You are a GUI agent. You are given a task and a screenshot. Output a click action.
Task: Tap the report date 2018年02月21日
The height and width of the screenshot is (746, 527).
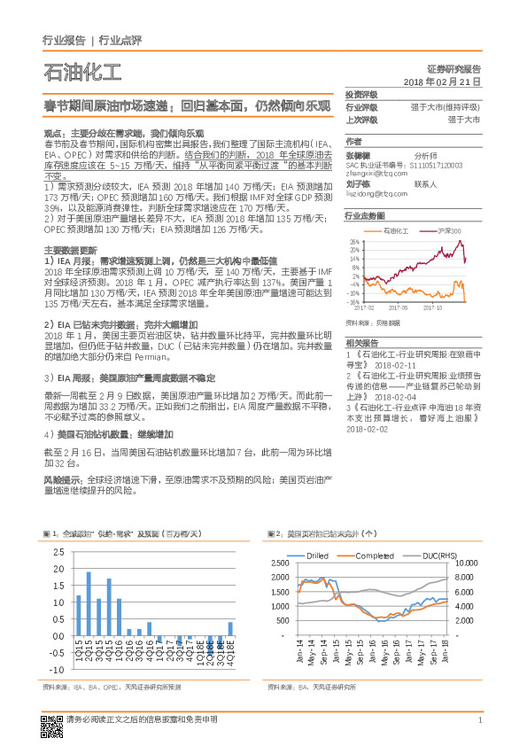[441, 81]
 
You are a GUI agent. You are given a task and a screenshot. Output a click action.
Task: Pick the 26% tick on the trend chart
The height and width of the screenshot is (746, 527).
[353, 241]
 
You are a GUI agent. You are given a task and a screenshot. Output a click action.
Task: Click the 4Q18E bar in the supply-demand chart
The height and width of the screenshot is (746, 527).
[230, 629]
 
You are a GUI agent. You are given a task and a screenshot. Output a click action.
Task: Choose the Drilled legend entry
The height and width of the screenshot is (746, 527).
[316, 555]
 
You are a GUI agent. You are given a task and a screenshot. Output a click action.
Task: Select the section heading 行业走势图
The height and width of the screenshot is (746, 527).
[364, 215]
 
